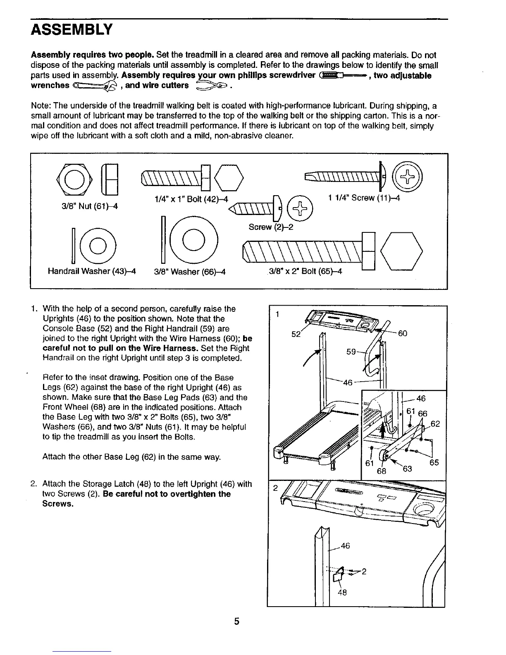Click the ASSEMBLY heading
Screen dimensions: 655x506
[72, 29]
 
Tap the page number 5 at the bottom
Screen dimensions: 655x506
[237, 622]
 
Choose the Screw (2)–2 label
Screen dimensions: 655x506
[271, 227]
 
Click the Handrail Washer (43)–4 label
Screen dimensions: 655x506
[92, 271]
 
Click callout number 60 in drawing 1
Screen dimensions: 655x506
[402, 333]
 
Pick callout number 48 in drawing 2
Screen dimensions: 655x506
[342, 592]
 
